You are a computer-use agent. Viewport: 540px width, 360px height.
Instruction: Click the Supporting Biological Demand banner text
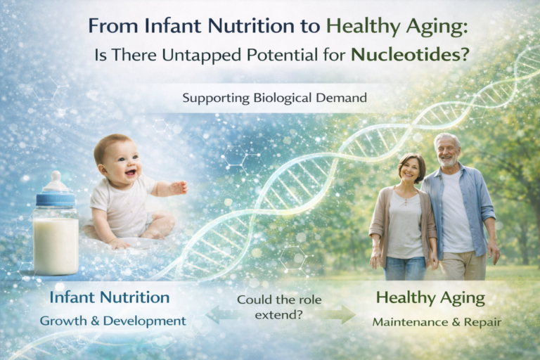coord(274,98)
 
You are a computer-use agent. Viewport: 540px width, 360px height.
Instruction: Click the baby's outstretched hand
coord(179,188)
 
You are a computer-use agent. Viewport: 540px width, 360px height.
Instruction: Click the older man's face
coord(447,150)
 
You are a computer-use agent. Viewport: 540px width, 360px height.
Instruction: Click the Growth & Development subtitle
coord(112,321)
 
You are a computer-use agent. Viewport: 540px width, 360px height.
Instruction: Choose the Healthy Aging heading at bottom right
coord(430,297)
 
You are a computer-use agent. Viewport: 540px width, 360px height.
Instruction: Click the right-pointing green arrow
coord(341,314)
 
